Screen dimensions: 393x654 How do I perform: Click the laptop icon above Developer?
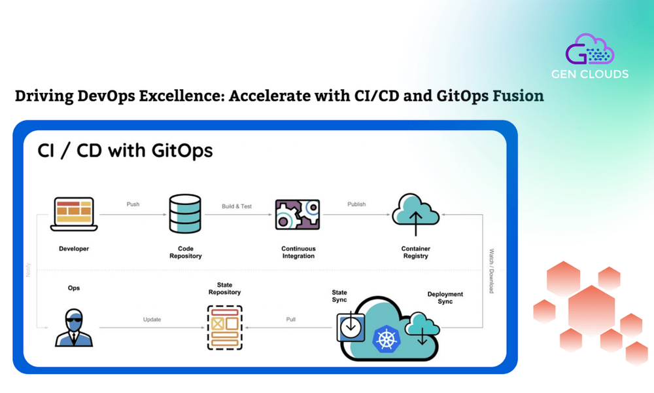point(74,214)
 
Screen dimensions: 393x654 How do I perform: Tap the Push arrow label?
point(133,204)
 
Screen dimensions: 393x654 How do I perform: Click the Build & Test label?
point(237,206)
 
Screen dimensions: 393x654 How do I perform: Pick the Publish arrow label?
point(356,204)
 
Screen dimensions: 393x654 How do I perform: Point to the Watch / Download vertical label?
point(491,270)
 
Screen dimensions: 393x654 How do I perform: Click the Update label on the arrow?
point(152,320)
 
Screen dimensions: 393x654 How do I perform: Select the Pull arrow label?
point(291,320)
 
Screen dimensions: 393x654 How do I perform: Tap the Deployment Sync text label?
point(445,298)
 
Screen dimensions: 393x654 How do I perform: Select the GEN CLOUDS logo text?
point(597,74)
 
